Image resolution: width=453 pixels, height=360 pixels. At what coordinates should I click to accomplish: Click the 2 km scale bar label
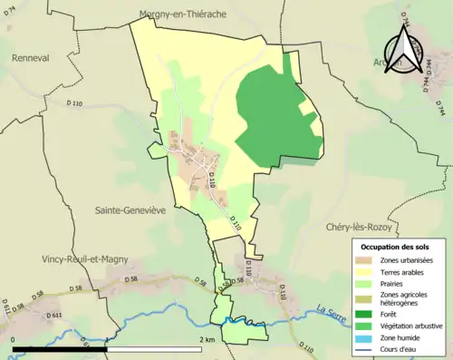coord(207,339)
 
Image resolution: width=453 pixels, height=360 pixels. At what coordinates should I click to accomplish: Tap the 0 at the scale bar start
coord(14,339)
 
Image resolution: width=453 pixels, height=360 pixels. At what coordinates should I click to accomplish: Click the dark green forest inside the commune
coord(272,118)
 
